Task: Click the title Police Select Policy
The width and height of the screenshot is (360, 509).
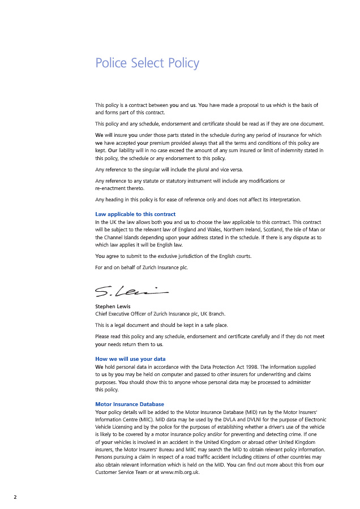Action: click(147, 63)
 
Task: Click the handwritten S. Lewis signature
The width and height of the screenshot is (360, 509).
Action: click(131, 291)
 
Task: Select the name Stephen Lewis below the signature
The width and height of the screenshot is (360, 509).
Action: click(113, 307)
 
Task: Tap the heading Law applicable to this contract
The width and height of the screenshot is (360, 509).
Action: click(135, 214)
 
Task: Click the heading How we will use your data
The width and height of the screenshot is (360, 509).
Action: click(130, 359)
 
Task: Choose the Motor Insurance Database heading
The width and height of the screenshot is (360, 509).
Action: click(130, 404)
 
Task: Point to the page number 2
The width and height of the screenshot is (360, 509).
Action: click(15, 497)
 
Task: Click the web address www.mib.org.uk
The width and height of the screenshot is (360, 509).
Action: click(180, 472)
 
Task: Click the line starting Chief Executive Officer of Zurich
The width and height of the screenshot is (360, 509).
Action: click(160, 313)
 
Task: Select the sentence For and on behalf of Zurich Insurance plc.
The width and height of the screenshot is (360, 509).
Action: click(142, 267)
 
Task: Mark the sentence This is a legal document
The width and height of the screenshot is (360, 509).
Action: click(163, 325)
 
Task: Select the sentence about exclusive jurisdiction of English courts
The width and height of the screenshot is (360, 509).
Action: click(173, 256)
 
